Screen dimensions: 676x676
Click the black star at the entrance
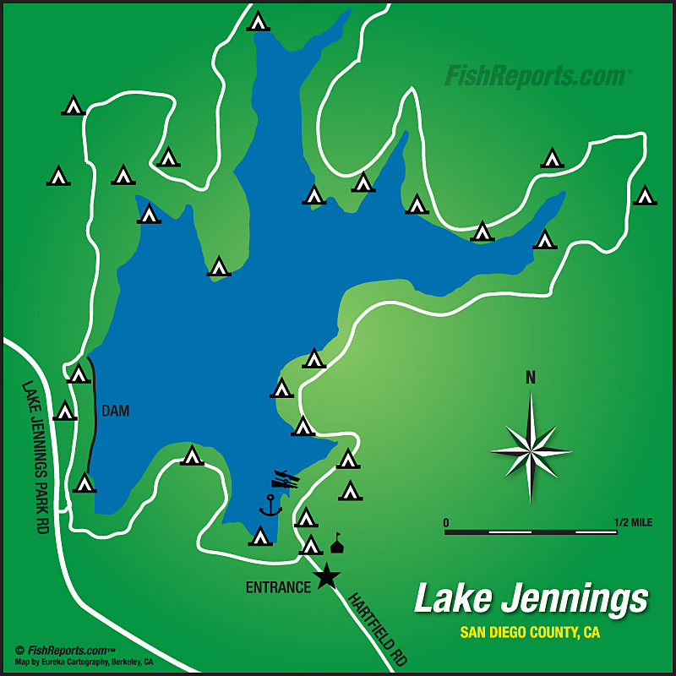tap(326, 577)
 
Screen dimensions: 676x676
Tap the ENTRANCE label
tap(278, 587)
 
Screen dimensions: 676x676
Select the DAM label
tap(116, 411)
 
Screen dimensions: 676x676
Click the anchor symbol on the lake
tap(270, 505)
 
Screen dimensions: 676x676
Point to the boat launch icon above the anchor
tap(286, 480)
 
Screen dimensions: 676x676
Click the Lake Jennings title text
tap(531, 599)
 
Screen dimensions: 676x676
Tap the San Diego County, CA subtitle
tap(530, 632)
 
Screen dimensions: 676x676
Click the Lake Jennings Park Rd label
tap(35, 456)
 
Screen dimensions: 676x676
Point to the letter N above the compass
tap(531, 378)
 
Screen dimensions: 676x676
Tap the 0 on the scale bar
tap(446, 522)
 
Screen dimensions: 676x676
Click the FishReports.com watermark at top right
tap(538, 76)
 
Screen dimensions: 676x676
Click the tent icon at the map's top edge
tap(258, 21)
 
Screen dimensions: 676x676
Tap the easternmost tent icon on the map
tap(645, 195)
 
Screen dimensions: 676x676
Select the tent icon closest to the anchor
tap(260, 536)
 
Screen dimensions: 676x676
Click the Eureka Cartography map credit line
tap(84, 662)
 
